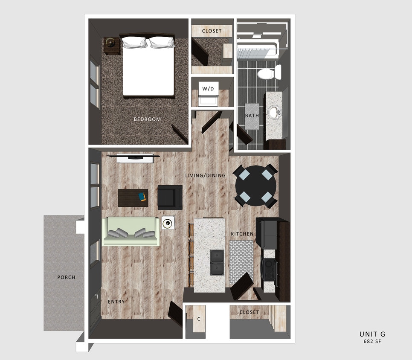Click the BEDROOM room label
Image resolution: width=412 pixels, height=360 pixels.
coord(147,119)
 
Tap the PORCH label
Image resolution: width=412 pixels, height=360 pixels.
coord(66,277)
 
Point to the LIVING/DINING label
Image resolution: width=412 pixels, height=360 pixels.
coord(205,175)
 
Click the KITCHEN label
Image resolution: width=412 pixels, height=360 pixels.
coord(242,234)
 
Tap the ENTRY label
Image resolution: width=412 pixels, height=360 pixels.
coord(116,302)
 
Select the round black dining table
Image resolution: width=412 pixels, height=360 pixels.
coord(256,186)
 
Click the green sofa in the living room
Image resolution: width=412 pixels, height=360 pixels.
coord(131,232)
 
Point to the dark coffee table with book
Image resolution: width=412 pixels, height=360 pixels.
coord(133,197)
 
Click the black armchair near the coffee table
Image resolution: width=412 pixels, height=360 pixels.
coord(170,197)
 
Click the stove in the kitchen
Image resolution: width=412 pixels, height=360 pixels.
coord(270,270)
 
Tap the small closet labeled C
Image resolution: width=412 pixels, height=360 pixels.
coord(198,319)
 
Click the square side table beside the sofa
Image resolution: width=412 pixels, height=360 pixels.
coord(168,223)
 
